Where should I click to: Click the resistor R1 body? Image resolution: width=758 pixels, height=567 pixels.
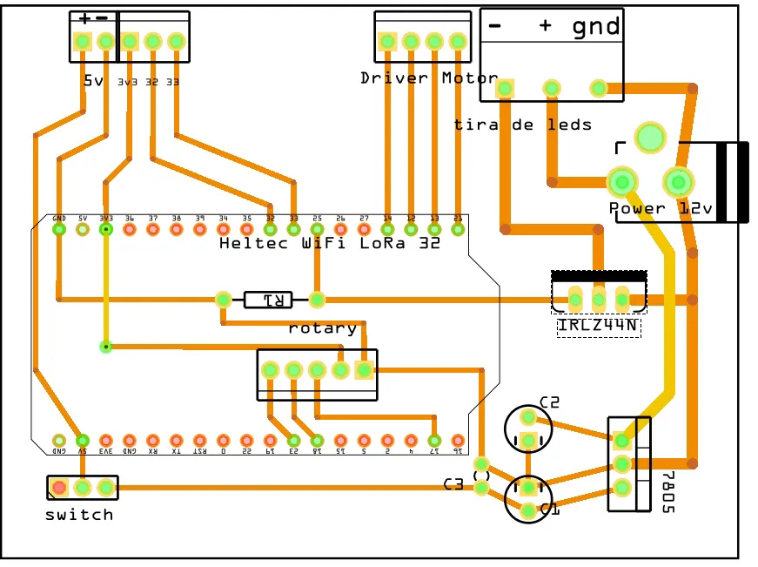268,300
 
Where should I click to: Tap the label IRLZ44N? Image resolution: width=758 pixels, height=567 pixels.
599,327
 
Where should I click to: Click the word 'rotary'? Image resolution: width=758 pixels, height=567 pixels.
322,328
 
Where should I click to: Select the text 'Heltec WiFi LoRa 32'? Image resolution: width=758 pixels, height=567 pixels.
330,244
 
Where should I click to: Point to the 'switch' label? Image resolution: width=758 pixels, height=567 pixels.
79,515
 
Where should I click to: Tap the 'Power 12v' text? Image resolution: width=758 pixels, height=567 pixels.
661,209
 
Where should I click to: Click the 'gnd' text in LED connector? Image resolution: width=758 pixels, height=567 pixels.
596,27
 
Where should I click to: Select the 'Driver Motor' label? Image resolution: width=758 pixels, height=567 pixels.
417,78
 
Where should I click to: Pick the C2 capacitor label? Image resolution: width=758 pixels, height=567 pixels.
549,402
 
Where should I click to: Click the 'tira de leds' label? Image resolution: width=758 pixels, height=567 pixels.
522,125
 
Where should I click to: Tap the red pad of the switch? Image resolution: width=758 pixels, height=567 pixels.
58,488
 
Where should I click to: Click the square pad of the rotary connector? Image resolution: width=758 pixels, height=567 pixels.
364,370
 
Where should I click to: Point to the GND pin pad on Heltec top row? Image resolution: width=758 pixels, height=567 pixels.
59,229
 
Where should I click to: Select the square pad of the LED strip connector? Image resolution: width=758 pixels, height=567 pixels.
505,87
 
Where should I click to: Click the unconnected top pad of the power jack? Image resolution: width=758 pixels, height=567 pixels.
649,137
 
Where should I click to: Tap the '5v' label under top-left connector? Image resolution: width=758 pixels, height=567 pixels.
93,81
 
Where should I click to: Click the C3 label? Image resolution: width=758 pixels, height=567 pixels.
453,484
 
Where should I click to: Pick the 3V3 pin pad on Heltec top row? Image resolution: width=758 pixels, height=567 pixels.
106,229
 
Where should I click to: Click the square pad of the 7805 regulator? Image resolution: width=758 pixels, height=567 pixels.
621,439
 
